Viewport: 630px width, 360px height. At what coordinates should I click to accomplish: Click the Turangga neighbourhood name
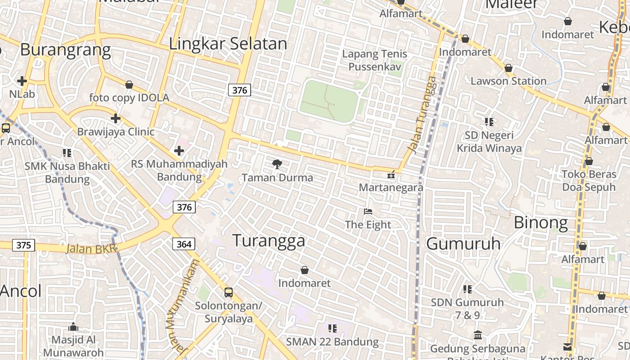[x=269, y=241]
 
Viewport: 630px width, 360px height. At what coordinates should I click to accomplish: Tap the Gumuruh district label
[x=463, y=243]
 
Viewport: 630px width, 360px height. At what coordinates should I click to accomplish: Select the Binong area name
[x=540, y=222]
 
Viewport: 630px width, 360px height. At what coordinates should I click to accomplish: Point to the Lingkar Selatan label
[x=228, y=44]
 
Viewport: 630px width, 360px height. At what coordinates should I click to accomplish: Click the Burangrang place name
[x=65, y=49]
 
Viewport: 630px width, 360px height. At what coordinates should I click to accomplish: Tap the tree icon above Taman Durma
[x=277, y=164]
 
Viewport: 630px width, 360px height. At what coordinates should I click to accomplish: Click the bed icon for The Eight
[x=368, y=211]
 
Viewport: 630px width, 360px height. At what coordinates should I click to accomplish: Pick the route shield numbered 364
[x=184, y=244]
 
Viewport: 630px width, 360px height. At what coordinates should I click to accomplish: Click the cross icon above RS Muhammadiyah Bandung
[x=179, y=150]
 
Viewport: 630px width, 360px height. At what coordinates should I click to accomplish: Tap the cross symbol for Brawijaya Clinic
[x=116, y=118]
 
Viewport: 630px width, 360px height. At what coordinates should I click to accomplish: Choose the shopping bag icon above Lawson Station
[x=508, y=68]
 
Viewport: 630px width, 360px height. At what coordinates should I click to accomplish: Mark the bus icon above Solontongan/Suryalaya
[x=229, y=292]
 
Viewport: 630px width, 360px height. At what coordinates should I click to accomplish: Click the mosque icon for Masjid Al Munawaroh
[x=73, y=326]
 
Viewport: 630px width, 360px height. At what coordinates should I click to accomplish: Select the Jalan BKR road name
[x=90, y=249]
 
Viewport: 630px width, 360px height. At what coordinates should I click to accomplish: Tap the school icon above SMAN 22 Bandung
[x=333, y=328]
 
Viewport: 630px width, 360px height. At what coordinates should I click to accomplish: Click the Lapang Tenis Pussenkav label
[x=374, y=60]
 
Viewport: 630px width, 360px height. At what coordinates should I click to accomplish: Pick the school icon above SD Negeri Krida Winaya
[x=489, y=121]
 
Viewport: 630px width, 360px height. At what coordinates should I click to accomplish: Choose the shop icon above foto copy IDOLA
[x=129, y=85]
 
